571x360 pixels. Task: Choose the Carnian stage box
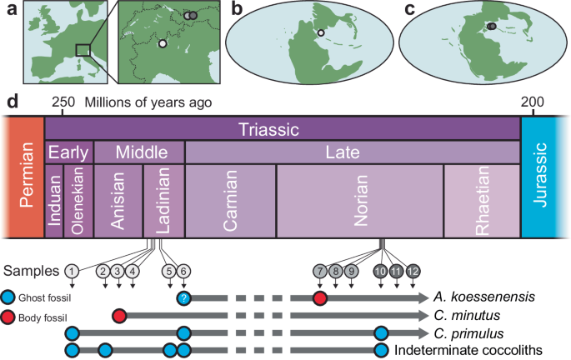[x=230, y=202]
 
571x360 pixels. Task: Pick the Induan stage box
[x=54, y=202]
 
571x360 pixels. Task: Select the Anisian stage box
[x=118, y=202]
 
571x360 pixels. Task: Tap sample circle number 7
[x=320, y=270]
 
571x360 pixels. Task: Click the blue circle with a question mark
[x=184, y=297]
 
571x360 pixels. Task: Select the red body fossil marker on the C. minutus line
[x=119, y=316]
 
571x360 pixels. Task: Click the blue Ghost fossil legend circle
[x=8, y=297]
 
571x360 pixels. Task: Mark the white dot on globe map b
[x=321, y=33]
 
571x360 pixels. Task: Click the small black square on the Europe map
[x=83, y=50]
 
